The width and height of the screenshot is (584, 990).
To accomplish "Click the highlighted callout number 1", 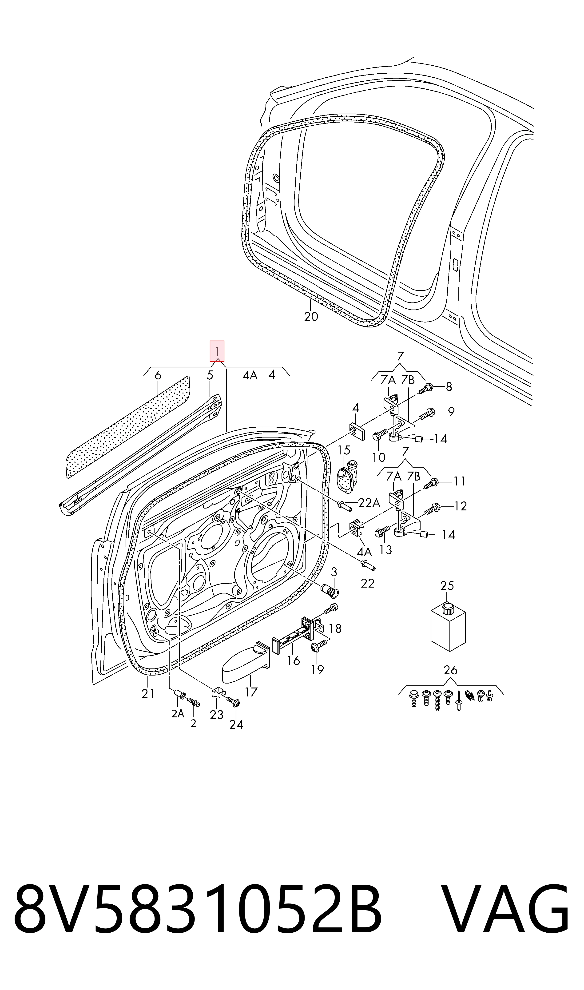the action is click(x=217, y=351).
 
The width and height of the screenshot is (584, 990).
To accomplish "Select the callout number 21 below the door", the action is click(x=148, y=694).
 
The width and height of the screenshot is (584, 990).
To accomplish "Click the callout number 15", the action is click(x=344, y=450).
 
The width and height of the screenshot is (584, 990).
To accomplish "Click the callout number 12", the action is click(x=460, y=506).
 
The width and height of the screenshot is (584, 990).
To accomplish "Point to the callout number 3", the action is click(x=334, y=572).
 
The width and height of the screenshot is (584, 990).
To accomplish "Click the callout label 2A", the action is click(x=178, y=713).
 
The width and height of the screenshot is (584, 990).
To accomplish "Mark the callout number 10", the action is click(x=379, y=457).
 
